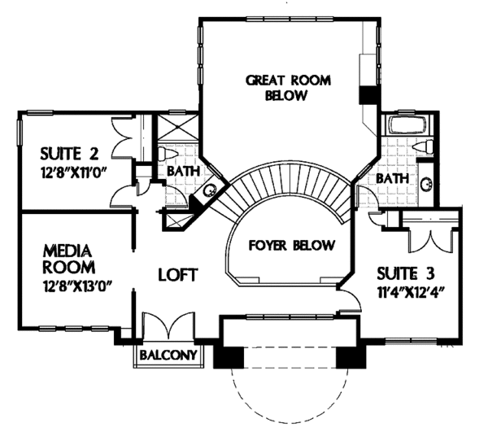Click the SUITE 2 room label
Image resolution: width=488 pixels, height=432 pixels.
pos(69,154)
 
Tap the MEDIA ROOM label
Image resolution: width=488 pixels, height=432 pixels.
pos(68,259)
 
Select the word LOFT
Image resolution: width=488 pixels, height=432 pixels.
pos(178,274)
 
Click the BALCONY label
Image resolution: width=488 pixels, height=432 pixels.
pos(168,355)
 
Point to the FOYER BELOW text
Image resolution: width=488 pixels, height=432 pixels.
pos(292,245)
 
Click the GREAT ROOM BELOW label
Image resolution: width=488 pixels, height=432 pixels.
pos(288,88)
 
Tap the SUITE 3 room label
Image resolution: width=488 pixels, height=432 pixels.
pos(406,274)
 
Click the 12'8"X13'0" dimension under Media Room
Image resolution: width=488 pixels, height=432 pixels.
pos(77,286)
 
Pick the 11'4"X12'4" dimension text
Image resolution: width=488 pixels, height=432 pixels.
pos(411,293)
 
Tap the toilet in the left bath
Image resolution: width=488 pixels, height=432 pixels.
pos(168,154)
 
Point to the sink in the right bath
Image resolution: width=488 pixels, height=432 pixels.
pos(426,184)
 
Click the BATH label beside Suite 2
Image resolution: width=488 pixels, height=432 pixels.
pos(183,171)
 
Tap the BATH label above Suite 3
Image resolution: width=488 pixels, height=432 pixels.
pos(392,179)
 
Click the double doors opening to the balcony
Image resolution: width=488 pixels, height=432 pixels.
pos(168,325)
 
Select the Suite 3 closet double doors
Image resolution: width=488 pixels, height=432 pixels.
pos(430,240)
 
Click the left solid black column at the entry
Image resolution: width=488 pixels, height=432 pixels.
pos(229,357)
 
